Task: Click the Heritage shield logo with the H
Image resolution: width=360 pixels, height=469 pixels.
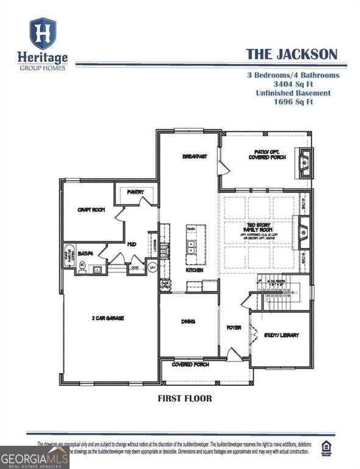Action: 43,34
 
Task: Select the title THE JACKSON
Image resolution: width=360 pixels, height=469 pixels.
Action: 291,54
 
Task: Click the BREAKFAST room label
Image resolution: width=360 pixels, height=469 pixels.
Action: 195,156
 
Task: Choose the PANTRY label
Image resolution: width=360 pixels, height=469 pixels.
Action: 135,192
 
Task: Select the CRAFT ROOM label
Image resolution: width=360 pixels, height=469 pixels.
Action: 91,209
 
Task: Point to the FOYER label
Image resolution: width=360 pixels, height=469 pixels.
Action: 234,328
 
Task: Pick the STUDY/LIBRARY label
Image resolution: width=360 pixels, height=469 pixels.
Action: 281,335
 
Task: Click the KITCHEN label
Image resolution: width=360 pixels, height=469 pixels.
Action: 195,270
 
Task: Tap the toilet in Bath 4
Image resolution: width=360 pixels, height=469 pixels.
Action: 82,266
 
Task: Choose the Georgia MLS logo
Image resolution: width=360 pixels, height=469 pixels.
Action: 34,457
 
